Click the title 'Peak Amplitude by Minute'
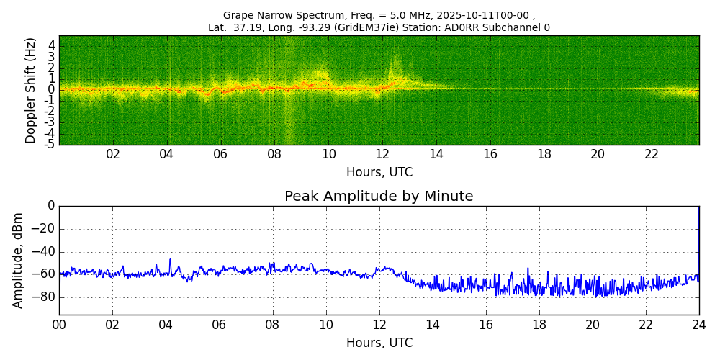click(x=379, y=197)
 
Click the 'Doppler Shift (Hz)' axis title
click(x=31, y=91)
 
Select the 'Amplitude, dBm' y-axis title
click(x=18, y=260)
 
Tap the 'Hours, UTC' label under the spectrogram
click(x=379, y=173)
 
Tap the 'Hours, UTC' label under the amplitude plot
click(x=379, y=343)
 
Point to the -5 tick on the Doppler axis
click(x=50, y=144)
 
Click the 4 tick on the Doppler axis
click(x=52, y=45)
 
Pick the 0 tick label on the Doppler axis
click(x=52, y=90)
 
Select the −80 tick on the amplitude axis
click(x=44, y=297)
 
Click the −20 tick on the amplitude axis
click(x=44, y=229)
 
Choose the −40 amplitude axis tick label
click(x=44, y=252)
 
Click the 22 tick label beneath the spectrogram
click(x=652, y=155)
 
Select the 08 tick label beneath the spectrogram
click(x=274, y=155)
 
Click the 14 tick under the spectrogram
click(x=436, y=155)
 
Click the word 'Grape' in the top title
click(x=238, y=15)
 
